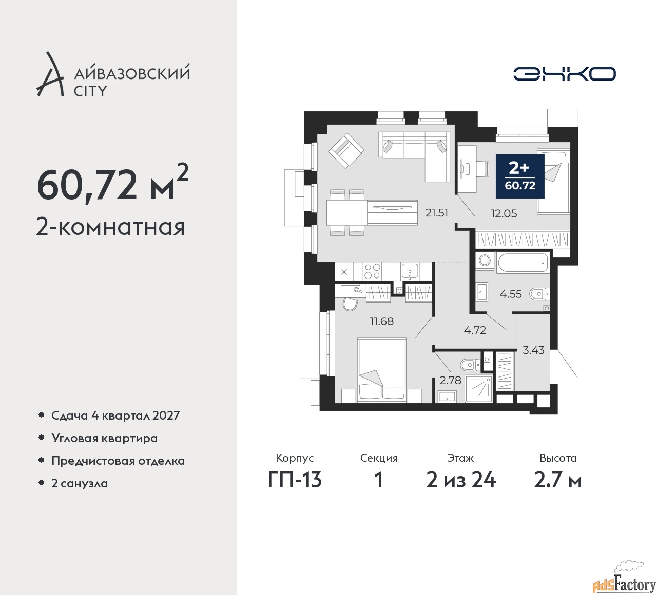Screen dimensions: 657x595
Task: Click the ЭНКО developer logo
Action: pos(564,74)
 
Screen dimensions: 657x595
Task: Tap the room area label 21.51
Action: pos(437,213)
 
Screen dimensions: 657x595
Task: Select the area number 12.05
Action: pos(504,214)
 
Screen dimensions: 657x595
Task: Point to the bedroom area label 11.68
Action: pos(381,321)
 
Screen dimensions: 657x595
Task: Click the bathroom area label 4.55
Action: pos(511,294)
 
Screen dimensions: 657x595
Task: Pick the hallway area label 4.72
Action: pos(475,330)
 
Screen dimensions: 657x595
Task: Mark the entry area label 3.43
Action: pos(533,350)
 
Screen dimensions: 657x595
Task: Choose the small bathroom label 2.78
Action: pos(450,380)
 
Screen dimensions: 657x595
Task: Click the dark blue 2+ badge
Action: pos(520,176)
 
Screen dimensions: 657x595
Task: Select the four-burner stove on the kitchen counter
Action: pos(373,271)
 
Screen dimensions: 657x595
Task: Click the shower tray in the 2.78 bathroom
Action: pos(478,389)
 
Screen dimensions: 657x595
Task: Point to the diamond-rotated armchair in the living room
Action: pos(346,150)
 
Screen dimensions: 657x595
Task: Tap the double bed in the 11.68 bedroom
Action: pos(381,370)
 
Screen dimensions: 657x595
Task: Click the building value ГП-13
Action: pos(295,481)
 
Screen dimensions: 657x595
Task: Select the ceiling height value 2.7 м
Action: pos(558,481)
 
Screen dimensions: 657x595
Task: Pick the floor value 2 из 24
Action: pos(461,481)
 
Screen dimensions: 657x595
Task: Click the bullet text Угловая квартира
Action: pos(105,438)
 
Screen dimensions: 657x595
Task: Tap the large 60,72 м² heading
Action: pos(113,185)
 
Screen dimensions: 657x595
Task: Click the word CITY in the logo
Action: pos(90,91)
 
